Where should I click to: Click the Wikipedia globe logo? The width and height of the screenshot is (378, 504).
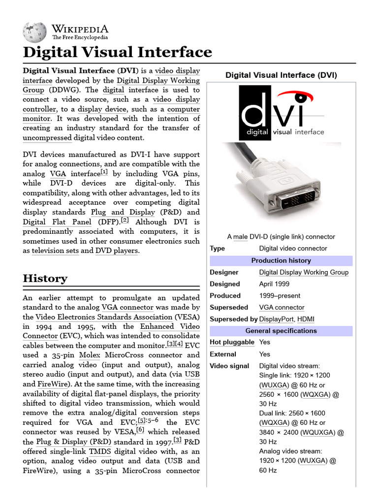(34, 31)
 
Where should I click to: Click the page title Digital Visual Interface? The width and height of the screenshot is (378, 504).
(118, 52)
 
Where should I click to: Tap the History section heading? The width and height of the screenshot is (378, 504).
(45, 278)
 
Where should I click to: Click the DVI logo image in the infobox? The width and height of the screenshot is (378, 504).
(282, 113)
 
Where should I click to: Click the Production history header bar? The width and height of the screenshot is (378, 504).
(281, 260)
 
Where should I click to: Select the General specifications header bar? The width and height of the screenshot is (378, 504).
(281, 331)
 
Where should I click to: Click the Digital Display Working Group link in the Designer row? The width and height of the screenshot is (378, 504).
(304, 272)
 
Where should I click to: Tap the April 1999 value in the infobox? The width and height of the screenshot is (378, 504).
(274, 284)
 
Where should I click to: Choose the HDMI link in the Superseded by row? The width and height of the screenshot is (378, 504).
(306, 319)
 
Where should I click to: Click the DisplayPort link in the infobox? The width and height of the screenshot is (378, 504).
(276, 319)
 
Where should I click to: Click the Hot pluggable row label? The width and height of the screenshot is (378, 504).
(232, 342)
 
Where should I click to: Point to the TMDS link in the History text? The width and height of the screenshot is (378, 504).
(100, 451)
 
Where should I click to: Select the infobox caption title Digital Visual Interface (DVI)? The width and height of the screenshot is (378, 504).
(281, 75)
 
